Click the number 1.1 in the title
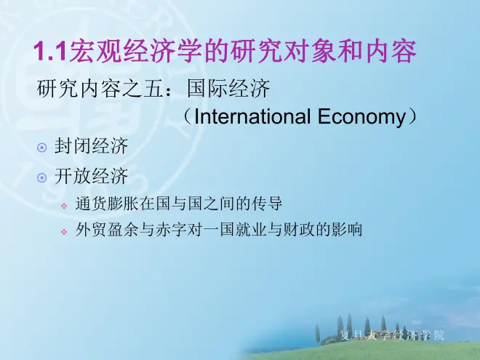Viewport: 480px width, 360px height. pyautogui.click(x=50, y=50)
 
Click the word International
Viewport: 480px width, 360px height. pyautogui.click(x=252, y=116)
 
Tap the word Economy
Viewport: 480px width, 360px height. pyautogui.click(x=361, y=117)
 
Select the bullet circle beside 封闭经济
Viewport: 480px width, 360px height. pyautogui.click(x=42, y=148)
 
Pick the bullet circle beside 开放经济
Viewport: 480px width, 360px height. pyautogui.click(x=42, y=178)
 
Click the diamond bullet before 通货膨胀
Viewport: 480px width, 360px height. pyautogui.click(x=64, y=206)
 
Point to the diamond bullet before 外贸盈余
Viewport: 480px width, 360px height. pyautogui.click(x=64, y=231)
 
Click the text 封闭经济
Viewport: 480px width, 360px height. pyautogui.click(x=91, y=145)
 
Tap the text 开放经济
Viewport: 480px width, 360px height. pyautogui.click(x=91, y=176)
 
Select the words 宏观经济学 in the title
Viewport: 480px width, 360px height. pyautogui.click(x=135, y=50)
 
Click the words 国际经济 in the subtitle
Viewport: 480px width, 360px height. pyautogui.click(x=228, y=89)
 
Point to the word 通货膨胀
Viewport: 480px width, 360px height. pyautogui.click(x=107, y=204)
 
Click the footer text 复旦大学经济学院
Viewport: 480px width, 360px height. pyautogui.click(x=392, y=335)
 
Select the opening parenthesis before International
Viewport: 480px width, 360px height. pyautogui.click(x=188, y=116)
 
